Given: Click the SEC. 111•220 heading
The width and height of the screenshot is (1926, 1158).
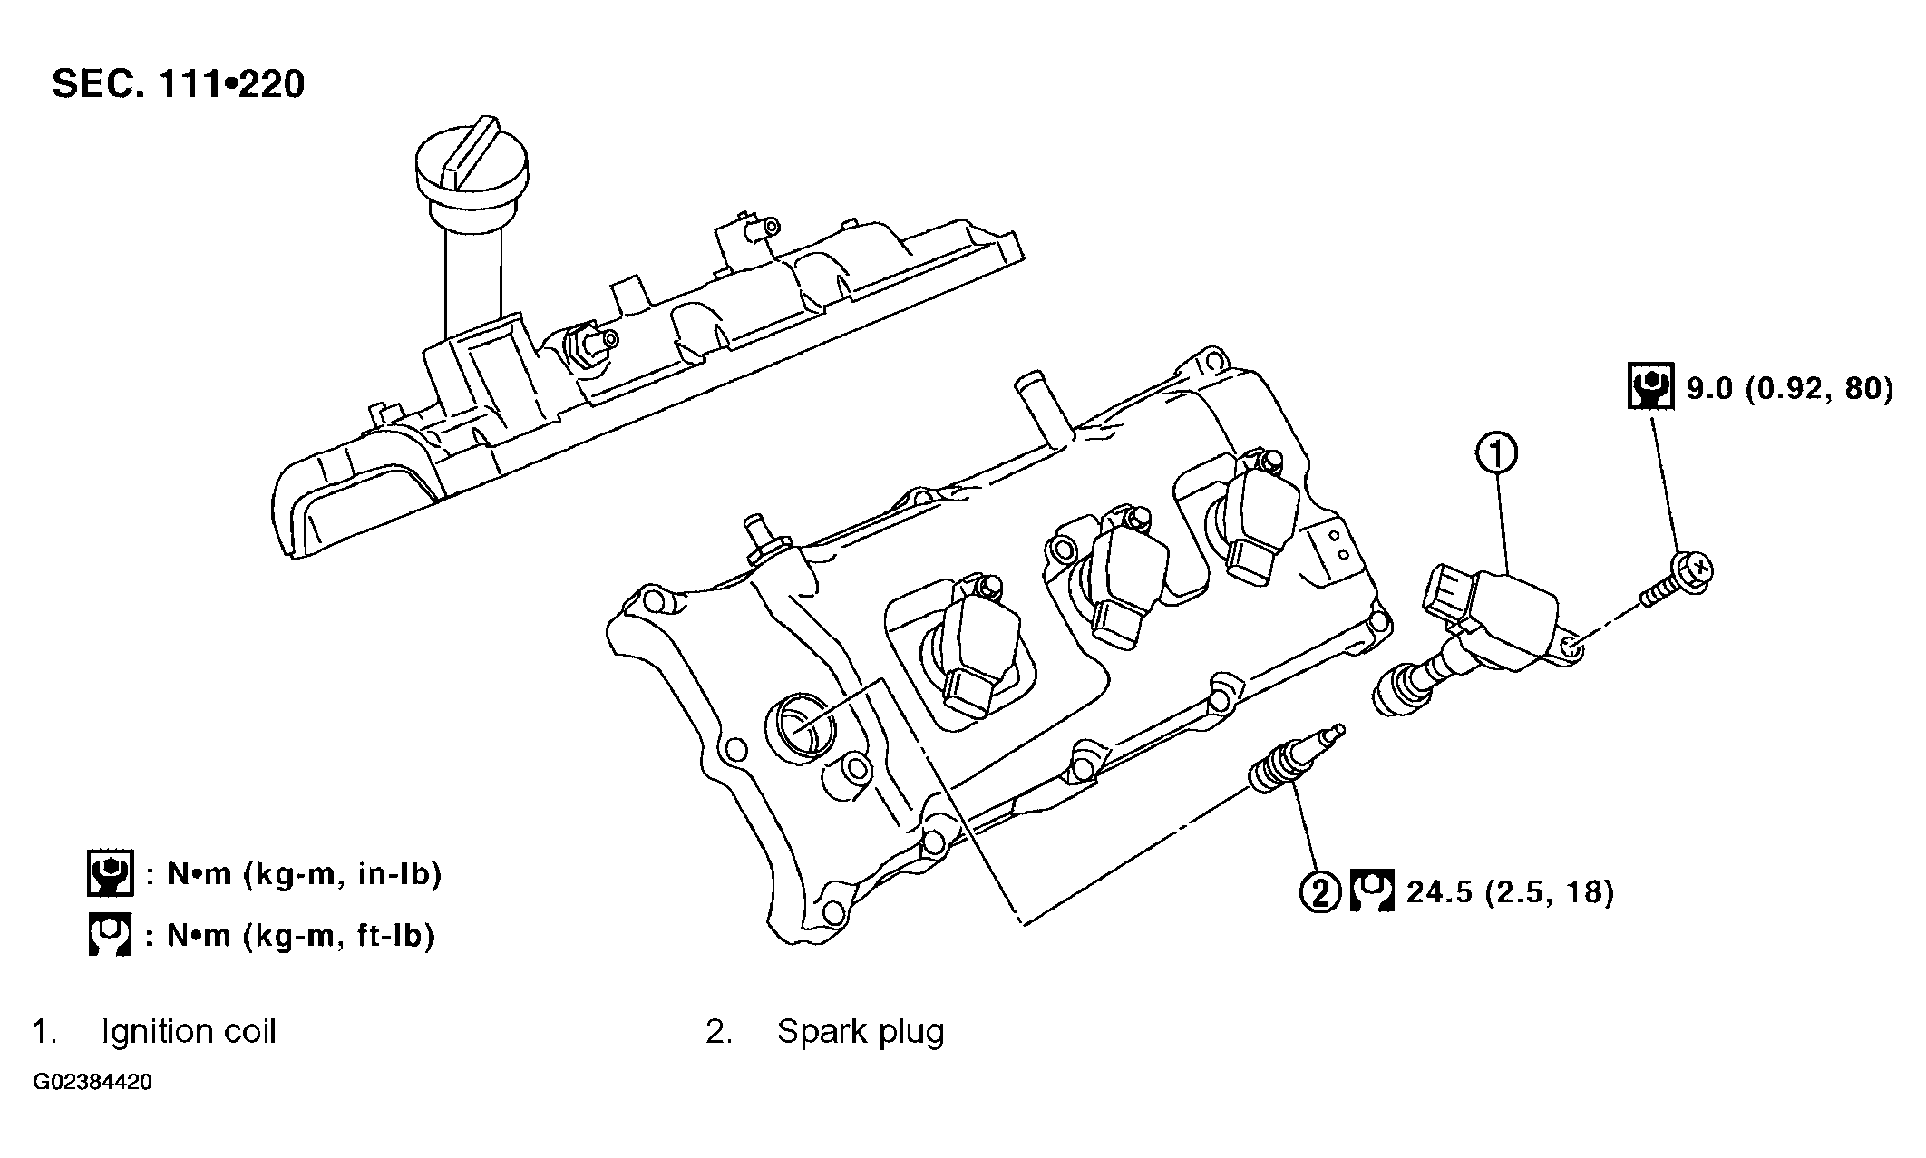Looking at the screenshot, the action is pos(179,84).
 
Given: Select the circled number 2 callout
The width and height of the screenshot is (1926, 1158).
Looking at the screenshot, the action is pos(1320,892).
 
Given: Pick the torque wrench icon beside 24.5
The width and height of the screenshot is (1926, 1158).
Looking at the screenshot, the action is pos(1372,892).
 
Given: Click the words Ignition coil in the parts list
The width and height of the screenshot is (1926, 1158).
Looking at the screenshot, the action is pos(189,1032).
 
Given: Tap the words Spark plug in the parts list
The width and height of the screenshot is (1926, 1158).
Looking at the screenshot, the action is pos(861,1032).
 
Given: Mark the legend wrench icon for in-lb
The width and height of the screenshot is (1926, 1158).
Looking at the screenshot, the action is pos(110,873).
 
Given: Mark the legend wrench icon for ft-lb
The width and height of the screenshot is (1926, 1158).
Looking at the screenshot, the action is pos(110,934).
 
